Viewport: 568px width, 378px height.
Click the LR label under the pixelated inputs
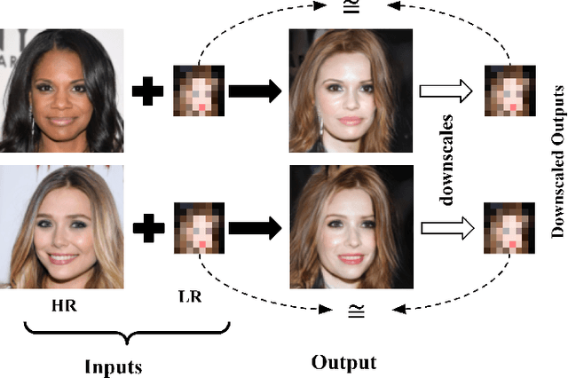tap(190, 296)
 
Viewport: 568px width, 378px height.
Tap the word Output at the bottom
tap(344, 362)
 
